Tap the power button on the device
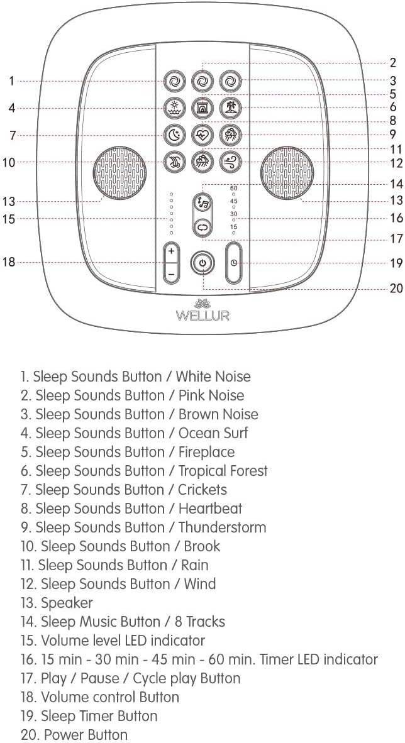[202, 263]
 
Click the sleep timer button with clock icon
[234, 263]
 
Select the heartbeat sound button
[202, 135]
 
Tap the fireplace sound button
[202, 107]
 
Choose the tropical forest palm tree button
[231, 107]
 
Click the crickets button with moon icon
[173, 135]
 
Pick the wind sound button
[231, 162]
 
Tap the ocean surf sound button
[173, 107]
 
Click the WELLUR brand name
[203, 315]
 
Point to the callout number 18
[9, 262]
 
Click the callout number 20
[396, 289]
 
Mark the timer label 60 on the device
[234, 188]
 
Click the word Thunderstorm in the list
[222, 527]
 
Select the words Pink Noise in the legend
[211, 395]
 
